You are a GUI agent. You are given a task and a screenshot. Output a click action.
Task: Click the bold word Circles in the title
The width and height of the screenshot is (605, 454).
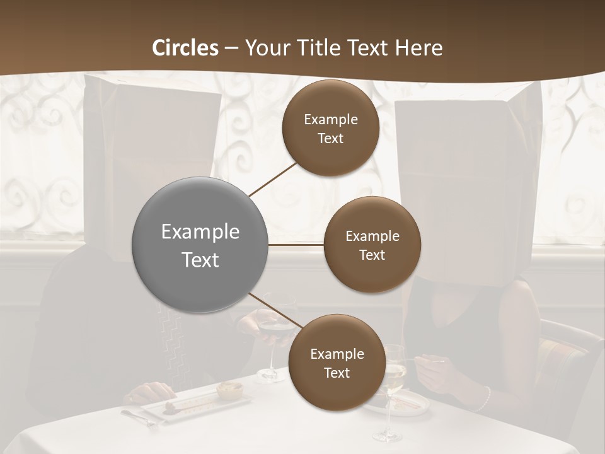185,48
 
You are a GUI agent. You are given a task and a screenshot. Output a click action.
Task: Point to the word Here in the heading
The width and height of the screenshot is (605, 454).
418,48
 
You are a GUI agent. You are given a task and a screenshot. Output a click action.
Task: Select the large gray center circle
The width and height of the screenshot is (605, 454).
200,245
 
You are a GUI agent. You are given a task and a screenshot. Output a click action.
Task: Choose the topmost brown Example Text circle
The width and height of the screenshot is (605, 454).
330,128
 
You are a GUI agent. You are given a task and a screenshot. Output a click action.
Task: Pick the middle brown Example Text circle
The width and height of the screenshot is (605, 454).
372,245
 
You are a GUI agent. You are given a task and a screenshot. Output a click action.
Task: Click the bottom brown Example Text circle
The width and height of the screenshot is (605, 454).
337,363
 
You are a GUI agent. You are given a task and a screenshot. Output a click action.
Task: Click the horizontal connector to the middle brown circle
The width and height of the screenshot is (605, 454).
296,245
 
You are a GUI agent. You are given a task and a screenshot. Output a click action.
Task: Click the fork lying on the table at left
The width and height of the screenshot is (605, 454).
139,417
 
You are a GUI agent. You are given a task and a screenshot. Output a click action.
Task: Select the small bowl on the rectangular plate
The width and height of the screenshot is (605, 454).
229,390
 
